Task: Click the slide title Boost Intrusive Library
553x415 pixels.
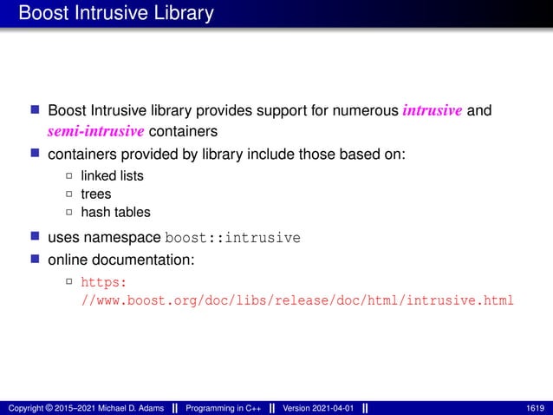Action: [115, 14]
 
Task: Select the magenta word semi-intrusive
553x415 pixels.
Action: [95, 131]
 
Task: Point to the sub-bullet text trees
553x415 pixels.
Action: [96, 194]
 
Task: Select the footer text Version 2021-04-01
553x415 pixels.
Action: [318, 408]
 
